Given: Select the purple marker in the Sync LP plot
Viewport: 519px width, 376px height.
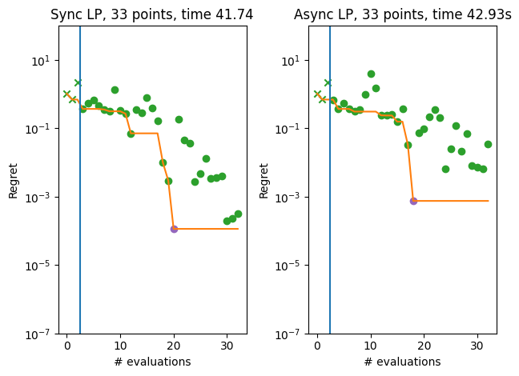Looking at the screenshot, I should pos(174,229).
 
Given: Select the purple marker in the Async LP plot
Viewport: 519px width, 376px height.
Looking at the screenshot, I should pos(413,201).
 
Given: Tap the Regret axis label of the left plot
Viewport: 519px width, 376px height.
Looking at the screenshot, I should pos(13,180).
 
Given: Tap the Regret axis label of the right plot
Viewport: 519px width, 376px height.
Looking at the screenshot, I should pos(264,180).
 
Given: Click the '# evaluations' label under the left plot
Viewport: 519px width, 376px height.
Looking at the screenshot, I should pos(152,362).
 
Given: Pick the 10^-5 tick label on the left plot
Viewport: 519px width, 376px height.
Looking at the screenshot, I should pos(42,266).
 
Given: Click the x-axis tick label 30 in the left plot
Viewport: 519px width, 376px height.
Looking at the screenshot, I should pos(227,346).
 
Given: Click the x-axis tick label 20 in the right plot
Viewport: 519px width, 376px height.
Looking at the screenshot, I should pos(424,346).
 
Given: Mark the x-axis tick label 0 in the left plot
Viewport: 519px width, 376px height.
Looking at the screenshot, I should pos(67,346).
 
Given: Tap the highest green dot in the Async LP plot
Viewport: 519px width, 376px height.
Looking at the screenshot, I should pos(371,74).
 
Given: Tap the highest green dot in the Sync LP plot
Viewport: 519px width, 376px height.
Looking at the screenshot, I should pos(115,90).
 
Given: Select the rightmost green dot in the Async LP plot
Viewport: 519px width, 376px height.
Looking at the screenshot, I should pos(488,144).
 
